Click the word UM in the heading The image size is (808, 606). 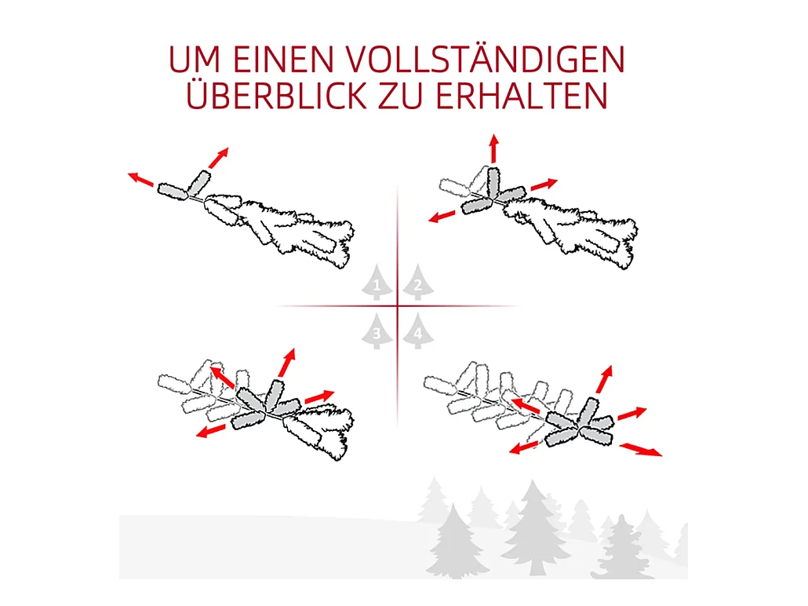pos(195,60)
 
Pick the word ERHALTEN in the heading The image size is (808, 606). pos(522,96)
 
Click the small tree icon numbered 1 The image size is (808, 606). pos(377,282)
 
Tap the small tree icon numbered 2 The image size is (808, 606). pos(418,282)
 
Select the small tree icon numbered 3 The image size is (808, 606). pos(377,330)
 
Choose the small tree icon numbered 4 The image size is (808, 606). pos(418,330)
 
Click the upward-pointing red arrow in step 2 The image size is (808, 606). pos(494,148)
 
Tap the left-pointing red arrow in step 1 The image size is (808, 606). pos(140,179)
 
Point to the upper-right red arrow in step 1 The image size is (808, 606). pos(219,158)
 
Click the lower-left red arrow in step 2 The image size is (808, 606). pos(442,217)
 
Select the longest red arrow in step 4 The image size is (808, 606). pos(641,450)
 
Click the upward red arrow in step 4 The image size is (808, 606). pos(605,379)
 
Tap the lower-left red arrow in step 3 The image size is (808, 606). pos(211,431)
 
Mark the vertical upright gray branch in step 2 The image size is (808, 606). pos(493,183)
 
